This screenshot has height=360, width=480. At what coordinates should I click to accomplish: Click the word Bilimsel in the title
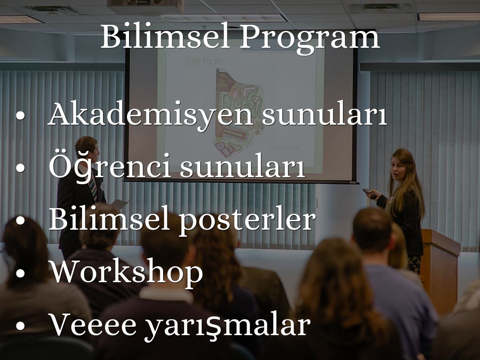pyautogui.click(x=165, y=37)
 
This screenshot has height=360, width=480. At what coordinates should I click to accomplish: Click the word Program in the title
pyautogui.click(x=310, y=39)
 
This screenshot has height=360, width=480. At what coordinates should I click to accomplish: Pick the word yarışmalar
pyautogui.click(x=228, y=326)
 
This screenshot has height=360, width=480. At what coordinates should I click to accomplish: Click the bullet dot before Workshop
pyautogui.click(x=20, y=273)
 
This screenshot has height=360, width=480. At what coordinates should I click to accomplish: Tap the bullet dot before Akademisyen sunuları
pyautogui.click(x=20, y=115)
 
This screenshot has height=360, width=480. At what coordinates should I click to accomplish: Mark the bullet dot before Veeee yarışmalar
pyautogui.click(x=20, y=326)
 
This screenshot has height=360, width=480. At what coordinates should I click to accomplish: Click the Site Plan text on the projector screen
pyautogui.click(x=203, y=61)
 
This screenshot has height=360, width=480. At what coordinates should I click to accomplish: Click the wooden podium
pyautogui.click(x=440, y=270)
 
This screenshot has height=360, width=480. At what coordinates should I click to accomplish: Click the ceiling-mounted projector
pyautogui.click(x=146, y=7)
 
